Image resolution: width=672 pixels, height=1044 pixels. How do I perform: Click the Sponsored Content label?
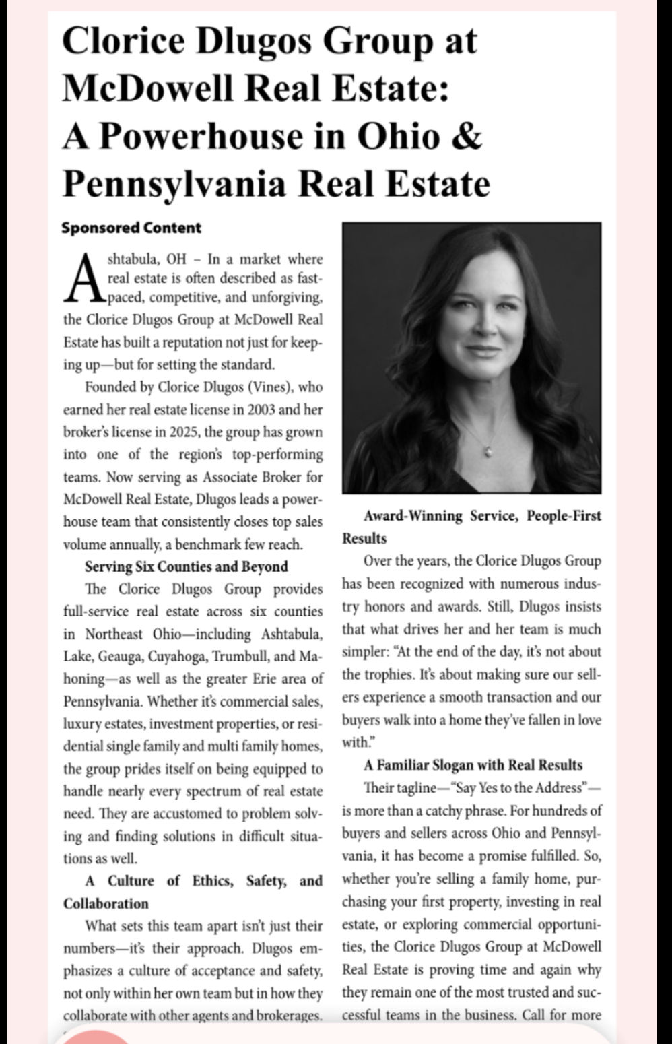(x=131, y=228)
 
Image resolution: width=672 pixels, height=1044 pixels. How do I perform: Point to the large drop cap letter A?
(x=85, y=278)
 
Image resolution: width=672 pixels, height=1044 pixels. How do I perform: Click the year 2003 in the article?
(x=264, y=410)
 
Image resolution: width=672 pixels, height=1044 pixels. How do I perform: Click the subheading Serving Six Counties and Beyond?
(x=187, y=566)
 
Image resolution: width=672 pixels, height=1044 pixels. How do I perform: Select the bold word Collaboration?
(x=106, y=904)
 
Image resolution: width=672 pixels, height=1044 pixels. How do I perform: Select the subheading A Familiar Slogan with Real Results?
(x=473, y=765)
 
